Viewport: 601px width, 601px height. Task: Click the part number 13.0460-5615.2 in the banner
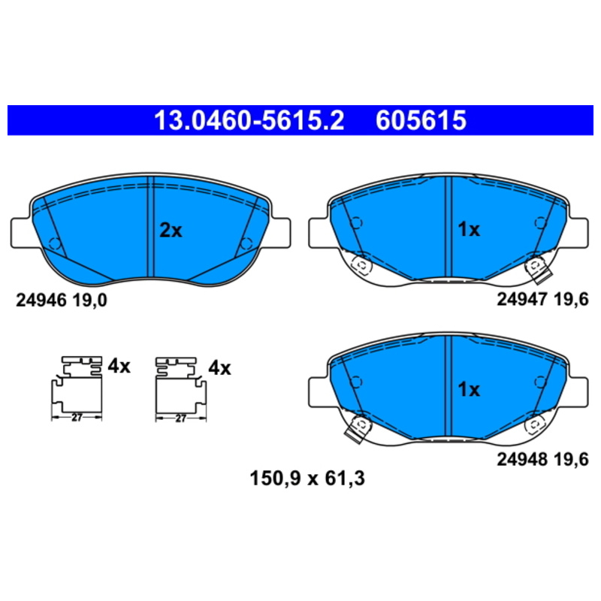tap(249, 120)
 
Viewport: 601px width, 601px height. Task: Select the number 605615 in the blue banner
tap(421, 120)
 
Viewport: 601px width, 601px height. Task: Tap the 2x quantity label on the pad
tap(171, 231)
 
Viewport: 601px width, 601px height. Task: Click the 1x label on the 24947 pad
tap(469, 230)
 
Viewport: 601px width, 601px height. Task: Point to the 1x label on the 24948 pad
tap(469, 389)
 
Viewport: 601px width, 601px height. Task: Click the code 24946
tap(41, 300)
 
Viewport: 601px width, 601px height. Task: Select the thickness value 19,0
tap(89, 300)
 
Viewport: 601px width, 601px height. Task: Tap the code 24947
tap(522, 299)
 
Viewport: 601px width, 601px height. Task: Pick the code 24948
tap(522, 459)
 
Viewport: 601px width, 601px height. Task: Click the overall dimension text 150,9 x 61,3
tap(307, 479)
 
